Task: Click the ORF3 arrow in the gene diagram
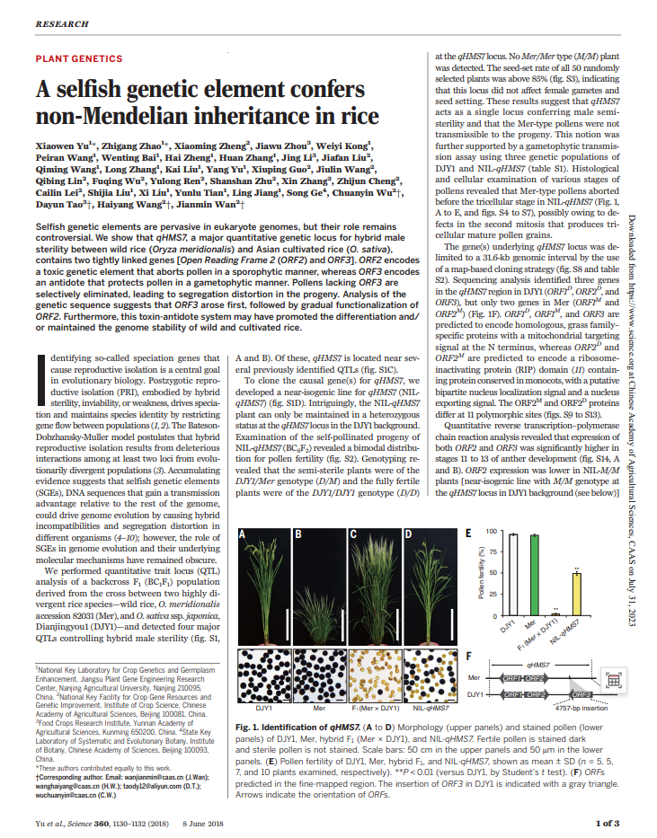582,693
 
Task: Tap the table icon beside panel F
614,680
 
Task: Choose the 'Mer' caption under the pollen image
319,707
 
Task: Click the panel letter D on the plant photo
409,534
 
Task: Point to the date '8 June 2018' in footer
211,821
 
